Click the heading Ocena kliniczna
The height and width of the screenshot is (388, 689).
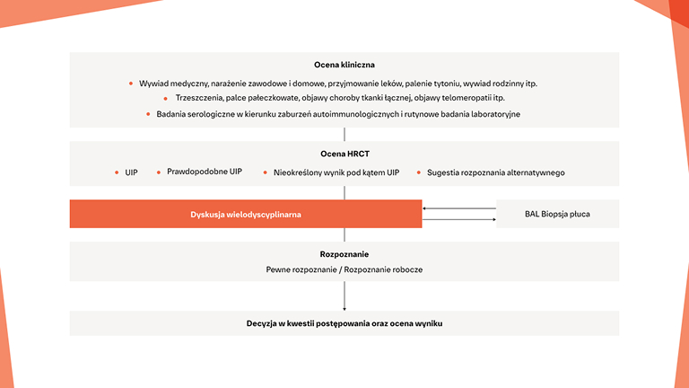[x=344, y=65]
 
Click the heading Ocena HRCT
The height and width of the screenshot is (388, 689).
[x=344, y=153]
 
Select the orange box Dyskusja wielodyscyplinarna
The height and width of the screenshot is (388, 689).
[x=245, y=214]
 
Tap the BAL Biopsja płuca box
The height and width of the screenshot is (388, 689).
[x=557, y=214]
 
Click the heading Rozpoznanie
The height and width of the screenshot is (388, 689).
[x=344, y=254]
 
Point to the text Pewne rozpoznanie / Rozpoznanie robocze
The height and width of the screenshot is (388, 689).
[x=344, y=269]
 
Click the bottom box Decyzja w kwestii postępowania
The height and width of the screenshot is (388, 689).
[x=344, y=323]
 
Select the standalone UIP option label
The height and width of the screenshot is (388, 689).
[x=132, y=172]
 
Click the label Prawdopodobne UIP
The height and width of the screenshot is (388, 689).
[x=205, y=171]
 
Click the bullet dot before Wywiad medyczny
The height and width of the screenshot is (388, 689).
[x=131, y=84]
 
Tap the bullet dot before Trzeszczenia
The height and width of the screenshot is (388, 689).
[x=165, y=98]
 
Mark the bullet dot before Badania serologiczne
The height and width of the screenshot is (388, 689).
[x=148, y=114]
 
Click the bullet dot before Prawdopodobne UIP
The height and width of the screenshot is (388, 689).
[x=158, y=172]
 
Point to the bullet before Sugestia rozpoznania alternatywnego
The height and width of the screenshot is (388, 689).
[x=418, y=172]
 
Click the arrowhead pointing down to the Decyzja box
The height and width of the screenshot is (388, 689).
[x=344, y=308]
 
